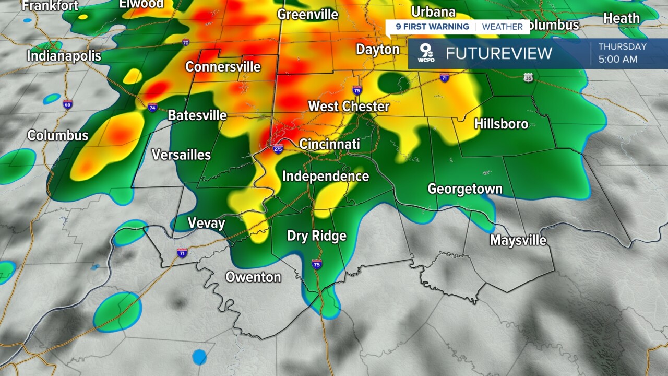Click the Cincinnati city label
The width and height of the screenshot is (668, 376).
[x=329, y=144]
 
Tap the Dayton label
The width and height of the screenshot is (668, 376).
[x=377, y=50]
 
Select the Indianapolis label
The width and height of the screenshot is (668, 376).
[x=64, y=55]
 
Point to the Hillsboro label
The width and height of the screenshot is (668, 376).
[x=501, y=124]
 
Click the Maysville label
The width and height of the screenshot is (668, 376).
[x=518, y=240]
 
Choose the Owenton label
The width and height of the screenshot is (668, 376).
[x=253, y=277]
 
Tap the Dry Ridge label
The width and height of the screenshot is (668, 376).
[x=317, y=236]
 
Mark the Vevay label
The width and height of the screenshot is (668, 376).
[x=206, y=224]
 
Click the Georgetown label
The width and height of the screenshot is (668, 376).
[x=465, y=189]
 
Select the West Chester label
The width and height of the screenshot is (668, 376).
[x=349, y=107]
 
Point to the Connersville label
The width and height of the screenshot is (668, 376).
[x=223, y=67]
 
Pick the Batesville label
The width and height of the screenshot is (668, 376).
[x=197, y=115]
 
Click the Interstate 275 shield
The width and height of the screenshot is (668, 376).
[x=278, y=149]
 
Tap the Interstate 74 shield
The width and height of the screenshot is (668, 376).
[x=152, y=108]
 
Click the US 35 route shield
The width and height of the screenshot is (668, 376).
[x=528, y=78]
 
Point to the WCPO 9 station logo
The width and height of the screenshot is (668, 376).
[x=426, y=54]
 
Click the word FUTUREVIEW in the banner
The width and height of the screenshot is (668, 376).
[x=498, y=53]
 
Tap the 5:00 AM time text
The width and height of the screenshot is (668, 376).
[x=618, y=60]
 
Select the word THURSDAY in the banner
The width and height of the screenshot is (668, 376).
[x=622, y=47]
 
